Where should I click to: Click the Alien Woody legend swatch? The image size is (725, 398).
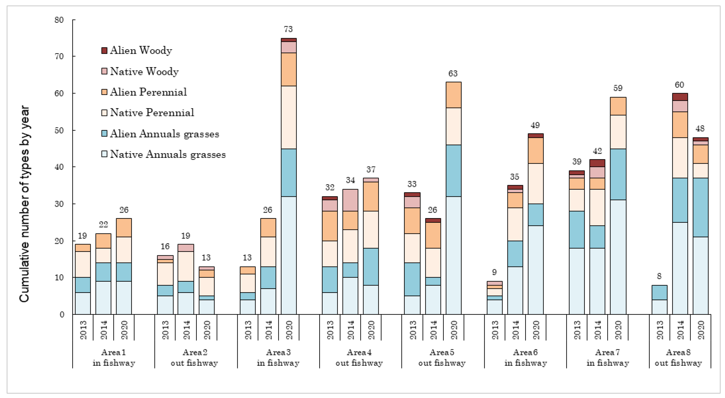[x=104, y=50]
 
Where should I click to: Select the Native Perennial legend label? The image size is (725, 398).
[x=152, y=113]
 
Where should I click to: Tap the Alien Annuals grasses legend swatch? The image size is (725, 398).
[x=104, y=134]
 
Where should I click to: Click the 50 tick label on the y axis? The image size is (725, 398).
[x=59, y=131]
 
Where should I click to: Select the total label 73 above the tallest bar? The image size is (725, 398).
[x=288, y=29]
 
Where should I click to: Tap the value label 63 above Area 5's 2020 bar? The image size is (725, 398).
[x=453, y=74]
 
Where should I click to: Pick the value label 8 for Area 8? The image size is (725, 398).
[x=659, y=276]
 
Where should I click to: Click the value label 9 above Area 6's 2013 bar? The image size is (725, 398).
[x=494, y=272]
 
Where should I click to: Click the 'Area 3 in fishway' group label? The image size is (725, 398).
[x=278, y=358]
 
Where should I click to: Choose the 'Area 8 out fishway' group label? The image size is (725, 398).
[x=678, y=358]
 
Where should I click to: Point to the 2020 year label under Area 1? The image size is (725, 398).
[x=124, y=330]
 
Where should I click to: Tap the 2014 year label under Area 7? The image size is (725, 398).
[x=597, y=330]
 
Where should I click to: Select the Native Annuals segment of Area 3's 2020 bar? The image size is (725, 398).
[x=289, y=255]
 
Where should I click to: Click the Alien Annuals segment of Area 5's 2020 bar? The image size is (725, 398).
[x=453, y=171]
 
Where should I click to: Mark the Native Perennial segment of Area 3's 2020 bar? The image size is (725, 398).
[x=289, y=117]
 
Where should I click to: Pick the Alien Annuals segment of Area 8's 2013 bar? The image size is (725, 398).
[x=659, y=292]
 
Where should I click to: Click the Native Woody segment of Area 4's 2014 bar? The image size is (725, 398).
[x=350, y=200]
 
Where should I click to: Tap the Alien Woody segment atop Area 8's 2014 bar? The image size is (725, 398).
[x=680, y=97]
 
